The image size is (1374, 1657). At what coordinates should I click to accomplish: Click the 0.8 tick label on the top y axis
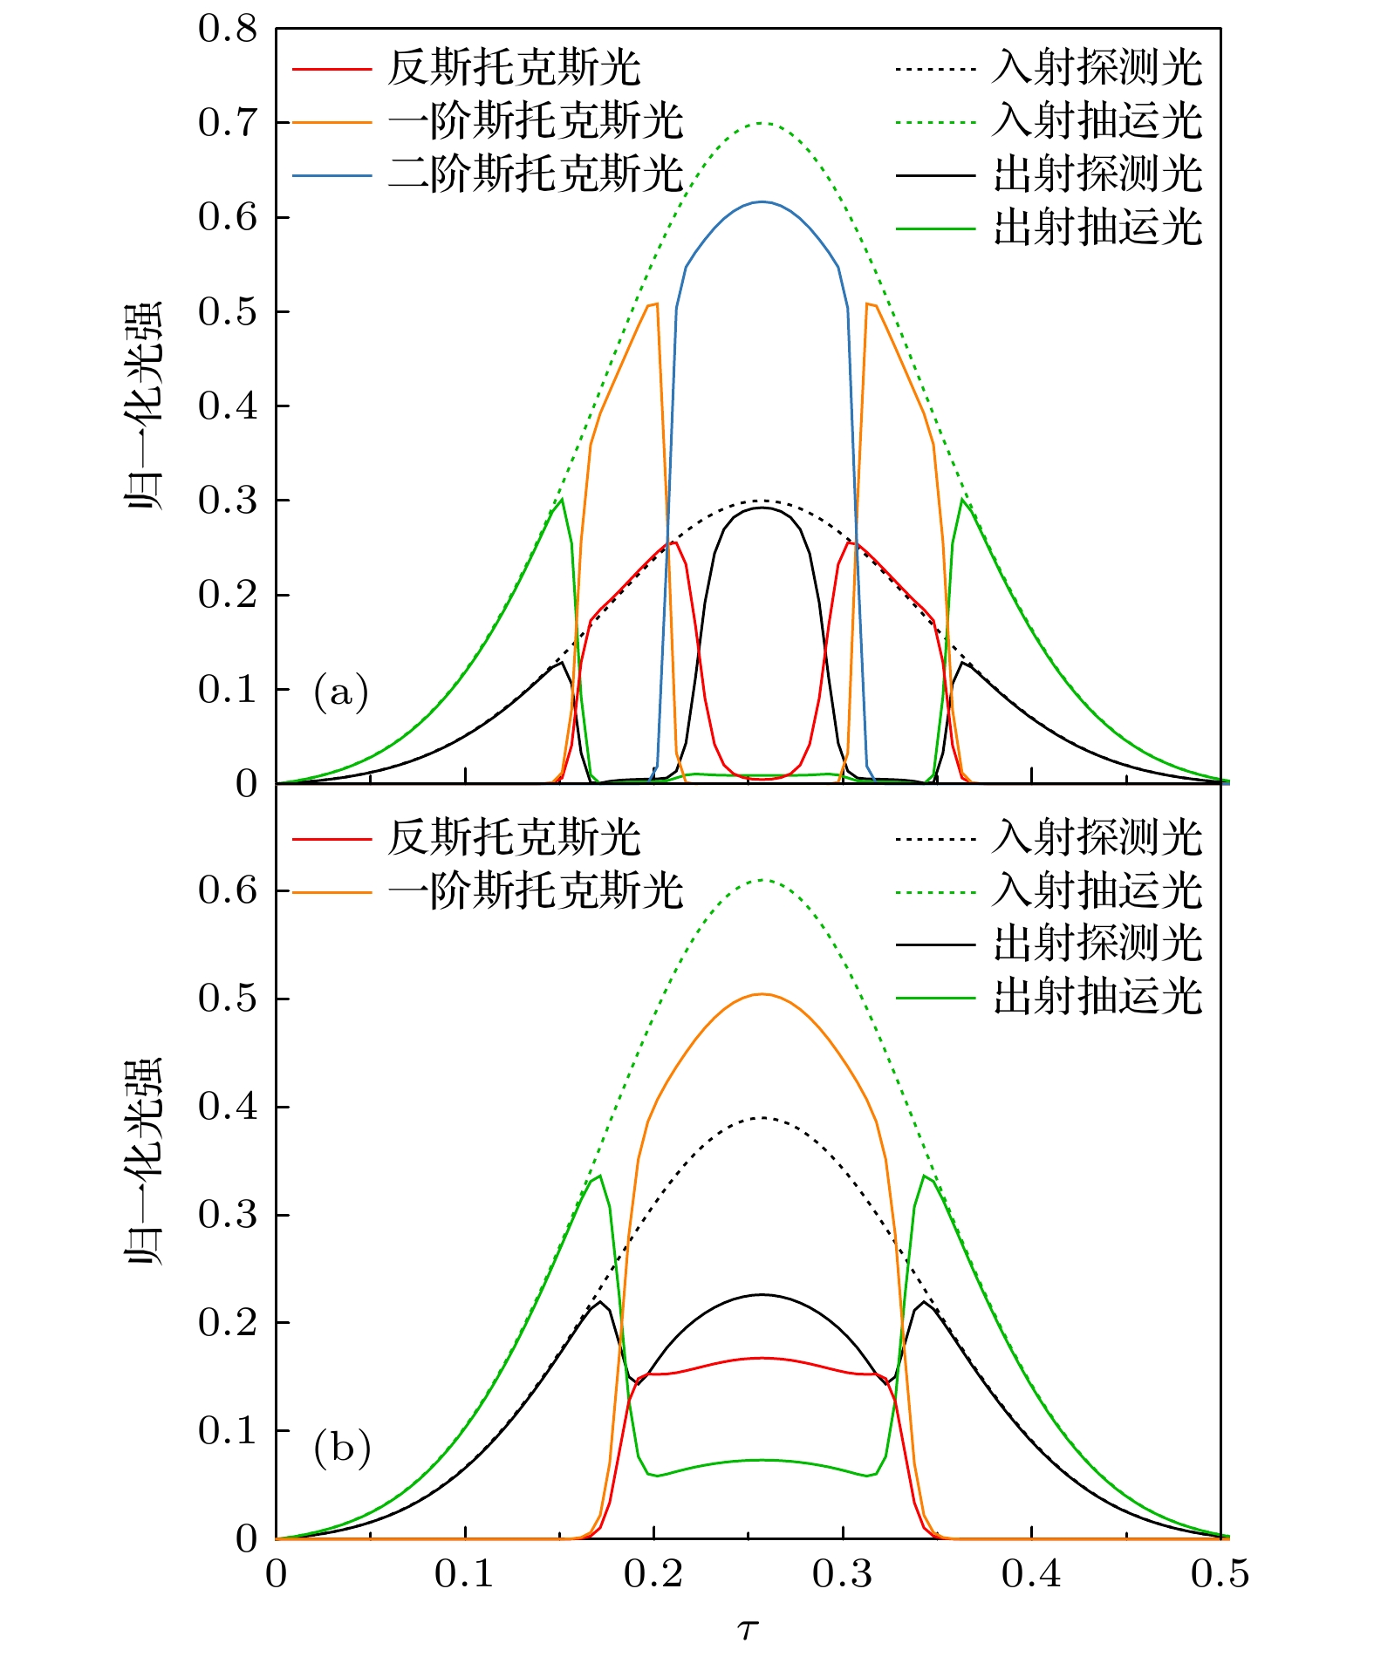click(x=228, y=30)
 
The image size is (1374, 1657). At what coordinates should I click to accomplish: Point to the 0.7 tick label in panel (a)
click(x=228, y=123)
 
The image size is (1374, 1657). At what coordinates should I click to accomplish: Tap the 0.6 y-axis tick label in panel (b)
click(x=228, y=890)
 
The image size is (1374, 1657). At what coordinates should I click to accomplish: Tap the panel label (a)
click(x=341, y=692)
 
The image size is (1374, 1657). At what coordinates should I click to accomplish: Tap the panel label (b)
click(x=341, y=1449)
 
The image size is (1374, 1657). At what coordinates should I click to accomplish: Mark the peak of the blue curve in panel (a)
click(x=762, y=202)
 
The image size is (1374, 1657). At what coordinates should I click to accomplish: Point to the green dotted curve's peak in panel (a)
click(x=762, y=123)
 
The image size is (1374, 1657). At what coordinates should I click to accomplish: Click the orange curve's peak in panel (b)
click(x=762, y=994)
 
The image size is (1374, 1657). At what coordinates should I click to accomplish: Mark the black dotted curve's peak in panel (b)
click(x=762, y=1118)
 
